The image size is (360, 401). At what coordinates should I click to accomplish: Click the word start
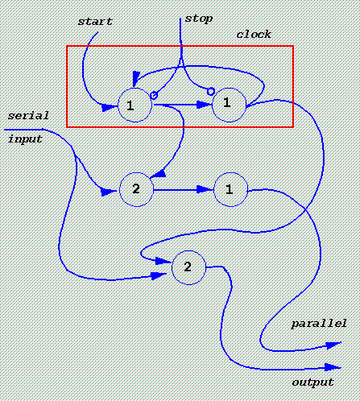pyautogui.click(x=95, y=22)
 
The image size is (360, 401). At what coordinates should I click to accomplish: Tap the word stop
pyautogui.click(x=199, y=19)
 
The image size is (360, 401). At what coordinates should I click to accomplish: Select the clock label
pyautogui.click(x=254, y=35)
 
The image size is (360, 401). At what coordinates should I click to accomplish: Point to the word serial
pyautogui.click(x=28, y=116)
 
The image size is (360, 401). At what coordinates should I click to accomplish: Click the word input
pyautogui.click(x=25, y=139)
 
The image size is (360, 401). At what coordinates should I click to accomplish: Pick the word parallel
pyautogui.click(x=319, y=324)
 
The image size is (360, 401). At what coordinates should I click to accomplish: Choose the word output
pyautogui.click(x=313, y=382)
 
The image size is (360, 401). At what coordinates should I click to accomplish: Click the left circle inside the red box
pyautogui.click(x=135, y=105)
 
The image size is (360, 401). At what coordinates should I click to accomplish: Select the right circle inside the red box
pyautogui.click(x=229, y=105)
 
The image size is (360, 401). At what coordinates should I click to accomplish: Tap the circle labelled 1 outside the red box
pyautogui.click(x=230, y=189)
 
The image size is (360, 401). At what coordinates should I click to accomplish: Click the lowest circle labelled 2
pyautogui.click(x=188, y=267)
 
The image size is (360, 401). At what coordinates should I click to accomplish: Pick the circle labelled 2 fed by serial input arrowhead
pyautogui.click(x=136, y=189)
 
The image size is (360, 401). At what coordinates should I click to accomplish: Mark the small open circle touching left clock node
pyautogui.click(x=154, y=95)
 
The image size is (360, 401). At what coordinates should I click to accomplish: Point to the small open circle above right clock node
pyautogui.click(x=211, y=92)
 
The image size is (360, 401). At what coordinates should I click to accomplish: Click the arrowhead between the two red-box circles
pyautogui.click(x=204, y=105)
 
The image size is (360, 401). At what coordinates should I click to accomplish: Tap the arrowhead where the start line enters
pyautogui.click(x=110, y=108)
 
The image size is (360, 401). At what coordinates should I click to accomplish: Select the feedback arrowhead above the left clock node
pyautogui.click(x=136, y=78)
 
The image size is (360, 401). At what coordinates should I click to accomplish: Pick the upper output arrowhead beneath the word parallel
pyautogui.click(x=333, y=345)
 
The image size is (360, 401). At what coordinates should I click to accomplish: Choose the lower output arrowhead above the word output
pyautogui.click(x=333, y=367)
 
